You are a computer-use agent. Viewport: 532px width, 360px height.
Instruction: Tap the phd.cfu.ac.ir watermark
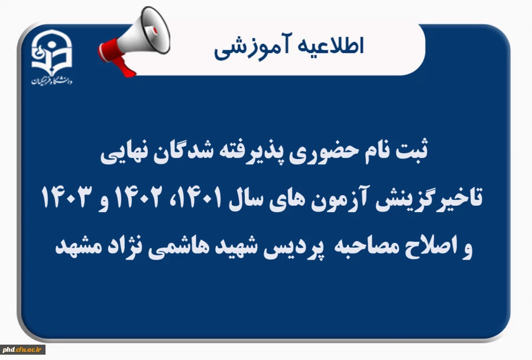pos(24,351)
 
